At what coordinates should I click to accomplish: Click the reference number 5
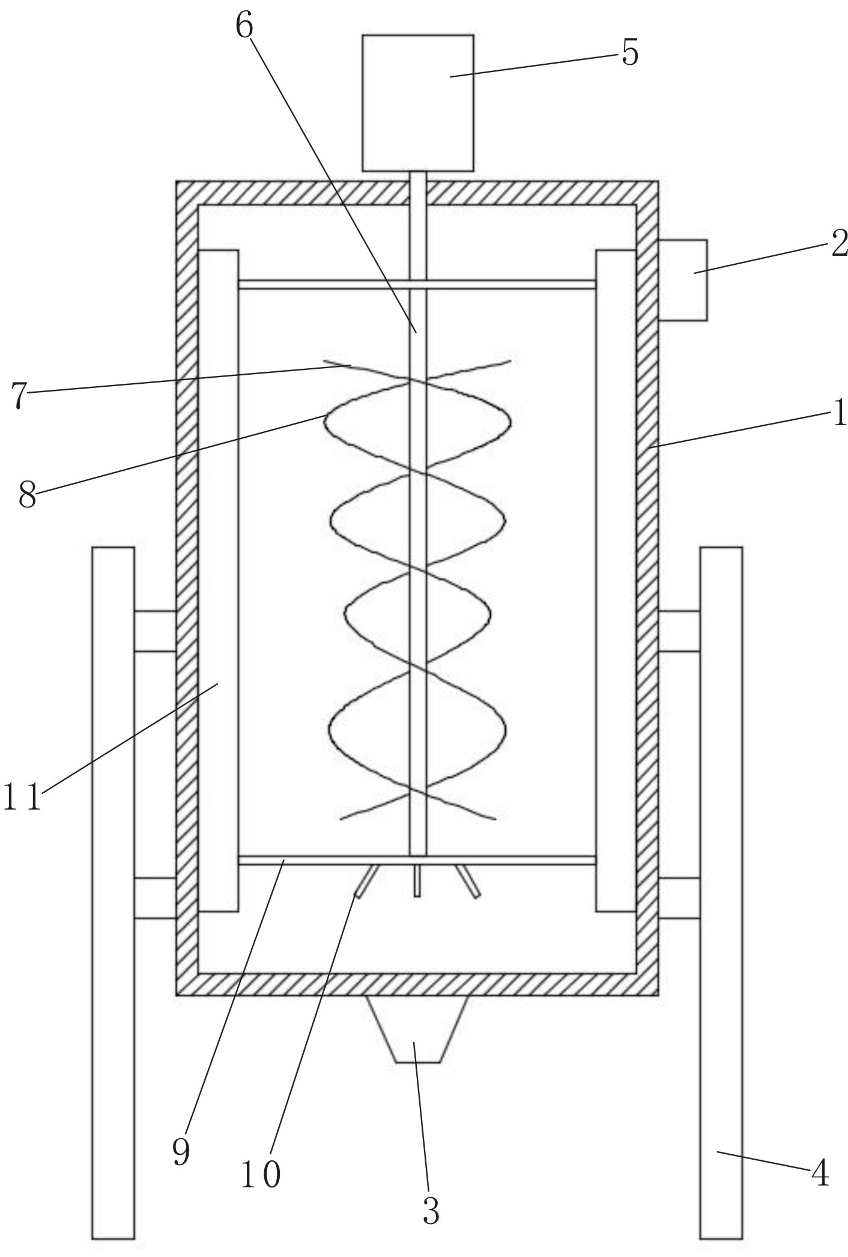(629, 53)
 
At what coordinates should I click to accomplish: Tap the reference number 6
(244, 25)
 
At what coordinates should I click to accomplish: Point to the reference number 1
(840, 414)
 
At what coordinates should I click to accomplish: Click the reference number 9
(181, 1150)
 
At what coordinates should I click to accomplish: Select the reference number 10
(261, 1174)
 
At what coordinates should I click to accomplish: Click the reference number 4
(820, 1172)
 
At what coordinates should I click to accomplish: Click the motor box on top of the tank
(417, 102)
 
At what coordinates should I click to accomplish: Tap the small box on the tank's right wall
(682, 280)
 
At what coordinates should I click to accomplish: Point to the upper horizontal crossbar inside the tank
(324, 284)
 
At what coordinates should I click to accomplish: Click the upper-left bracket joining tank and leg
(155, 631)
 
